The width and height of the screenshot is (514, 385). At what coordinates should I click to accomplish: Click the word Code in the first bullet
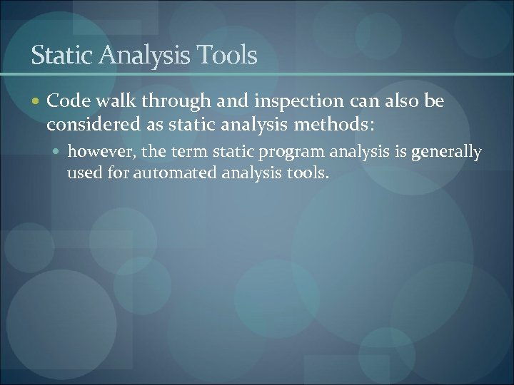(x=65, y=102)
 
